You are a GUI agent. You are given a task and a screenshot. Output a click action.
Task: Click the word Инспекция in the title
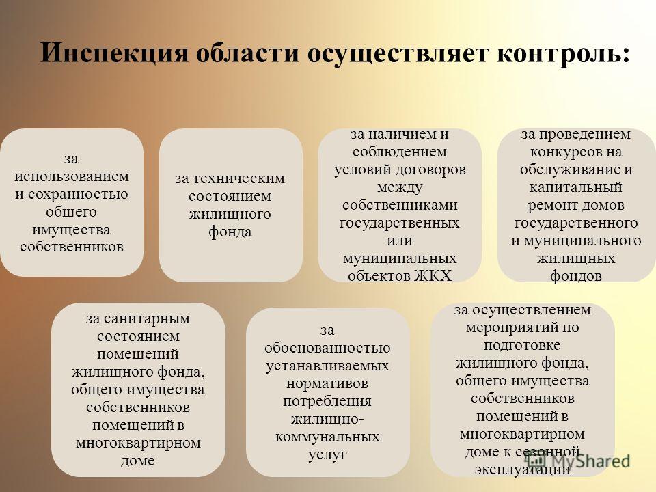tap(114, 53)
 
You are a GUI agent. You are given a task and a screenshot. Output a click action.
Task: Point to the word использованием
tap(72, 176)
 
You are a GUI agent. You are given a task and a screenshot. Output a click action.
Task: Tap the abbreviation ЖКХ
tap(433, 276)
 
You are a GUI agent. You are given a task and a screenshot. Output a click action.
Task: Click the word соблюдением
tap(400, 152)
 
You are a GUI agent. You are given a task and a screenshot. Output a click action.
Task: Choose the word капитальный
tap(575, 187)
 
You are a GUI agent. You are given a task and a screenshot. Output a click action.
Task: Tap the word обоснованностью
tap(327, 348)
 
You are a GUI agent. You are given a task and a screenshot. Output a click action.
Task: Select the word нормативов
tap(327, 383)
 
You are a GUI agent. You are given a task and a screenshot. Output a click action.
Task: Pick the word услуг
tap(327, 455)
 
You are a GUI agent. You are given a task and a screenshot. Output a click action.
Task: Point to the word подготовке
tap(522, 345)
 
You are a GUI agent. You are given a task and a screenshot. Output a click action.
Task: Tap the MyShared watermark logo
tap(578, 460)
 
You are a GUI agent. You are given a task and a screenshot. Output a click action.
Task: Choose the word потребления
tap(327, 401)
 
